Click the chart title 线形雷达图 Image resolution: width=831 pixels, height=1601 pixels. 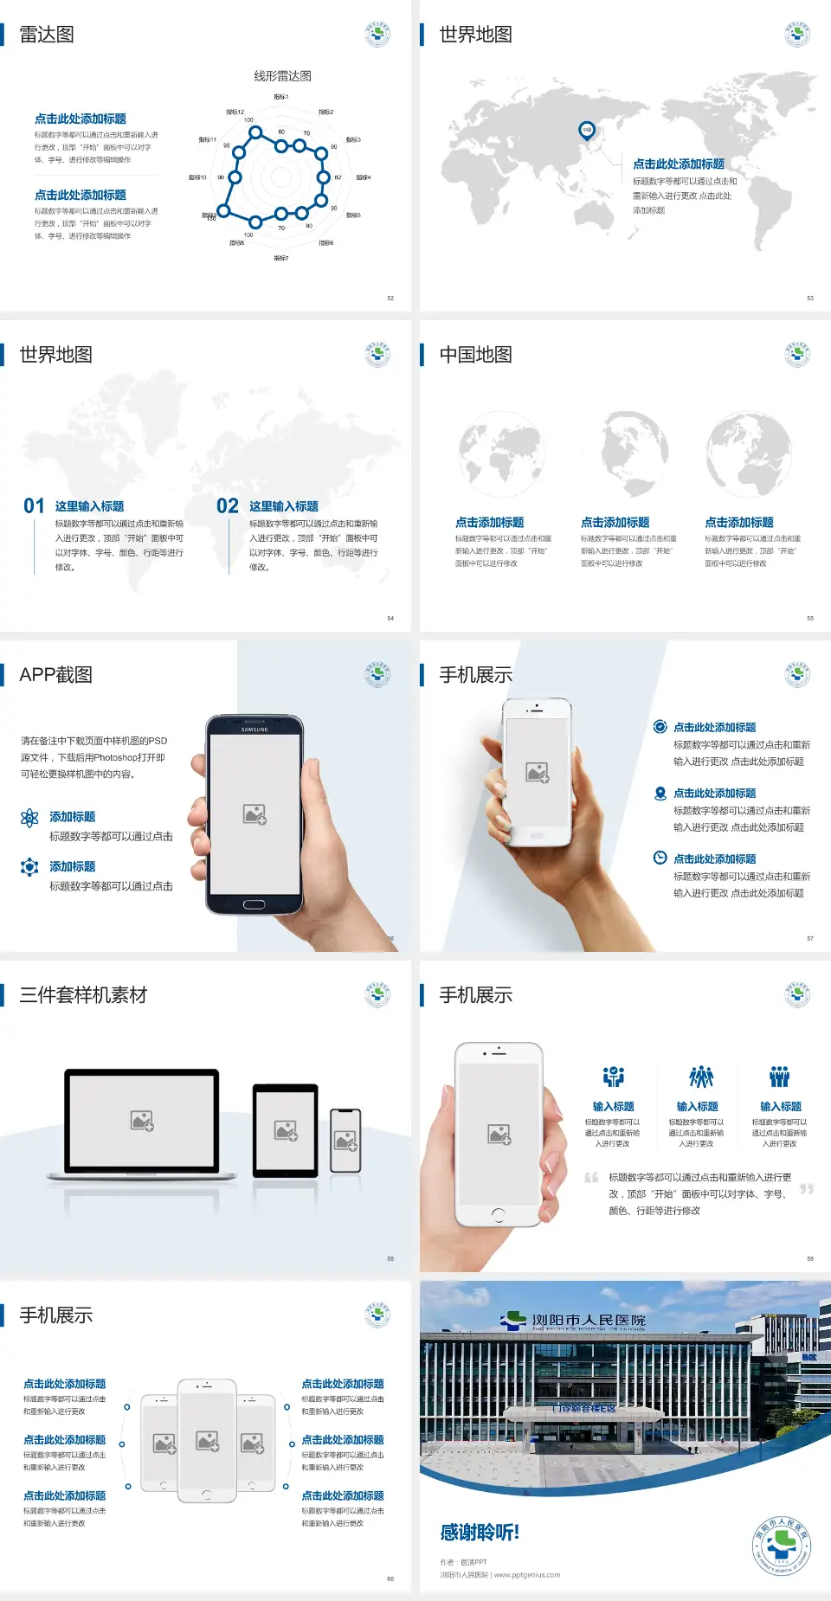pyautogui.click(x=282, y=76)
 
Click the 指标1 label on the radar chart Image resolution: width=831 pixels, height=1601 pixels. pyautogui.click(x=280, y=97)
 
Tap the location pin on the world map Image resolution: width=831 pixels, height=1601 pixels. pyautogui.click(x=587, y=130)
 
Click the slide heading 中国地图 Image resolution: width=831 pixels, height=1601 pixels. pyautogui.click(x=475, y=355)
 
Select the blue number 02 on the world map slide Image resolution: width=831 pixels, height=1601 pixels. pyautogui.click(x=227, y=506)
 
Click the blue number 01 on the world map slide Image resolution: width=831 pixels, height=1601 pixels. pyautogui.click(x=34, y=506)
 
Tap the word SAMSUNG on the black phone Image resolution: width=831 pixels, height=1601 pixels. pyautogui.click(x=254, y=730)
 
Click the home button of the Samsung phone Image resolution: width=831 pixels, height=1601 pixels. pyautogui.click(x=254, y=904)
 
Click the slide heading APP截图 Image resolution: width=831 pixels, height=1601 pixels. pyautogui.click(x=56, y=675)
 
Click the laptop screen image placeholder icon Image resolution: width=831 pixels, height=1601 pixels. pyautogui.click(x=142, y=1121)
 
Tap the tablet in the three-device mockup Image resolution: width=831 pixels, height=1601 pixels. pyautogui.click(x=286, y=1129)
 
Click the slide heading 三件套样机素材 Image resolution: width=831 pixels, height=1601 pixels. pyautogui.click(x=83, y=995)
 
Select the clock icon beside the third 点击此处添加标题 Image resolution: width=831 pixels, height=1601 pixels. pyautogui.click(x=660, y=858)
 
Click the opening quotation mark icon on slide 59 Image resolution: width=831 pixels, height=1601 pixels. pyautogui.click(x=591, y=1178)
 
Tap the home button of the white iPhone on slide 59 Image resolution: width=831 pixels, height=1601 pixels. pyautogui.click(x=498, y=1214)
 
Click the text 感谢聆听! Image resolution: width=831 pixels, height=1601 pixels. pyautogui.click(x=480, y=1533)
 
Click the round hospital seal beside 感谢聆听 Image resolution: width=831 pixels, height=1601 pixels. pyautogui.click(x=781, y=1546)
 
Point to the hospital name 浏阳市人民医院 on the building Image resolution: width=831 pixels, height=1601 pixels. pyautogui.click(x=589, y=1320)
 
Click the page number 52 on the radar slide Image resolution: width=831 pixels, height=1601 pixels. pyautogui.click(x=390, y=298)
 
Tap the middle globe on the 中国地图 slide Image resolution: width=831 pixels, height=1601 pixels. pyautogui.click(x=635, y=450)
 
